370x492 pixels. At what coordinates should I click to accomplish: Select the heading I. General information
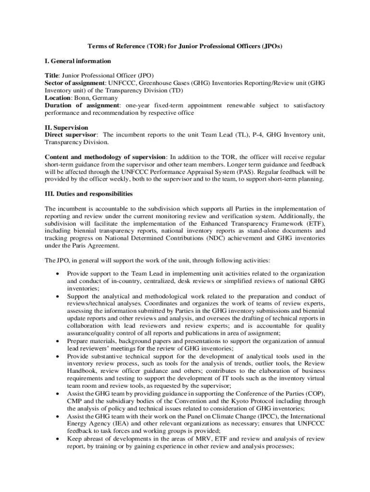pyautogui.click(x=78, y=61)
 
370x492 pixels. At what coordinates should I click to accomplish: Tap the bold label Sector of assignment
pyautogui.click(x=75, y=83)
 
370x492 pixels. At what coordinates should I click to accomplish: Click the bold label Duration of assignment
pyautogui.click(x=82, y=105)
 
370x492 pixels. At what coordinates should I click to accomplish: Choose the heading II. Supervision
pyautogui.click(x=66, y=128)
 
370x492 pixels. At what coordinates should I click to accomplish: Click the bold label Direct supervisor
pyautogui.click(x=71, y=135)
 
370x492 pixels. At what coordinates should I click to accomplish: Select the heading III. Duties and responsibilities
pyautogui.click(x=88, y=194)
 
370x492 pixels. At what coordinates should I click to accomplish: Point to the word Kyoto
pyautogui.click(x=231, y=401)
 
